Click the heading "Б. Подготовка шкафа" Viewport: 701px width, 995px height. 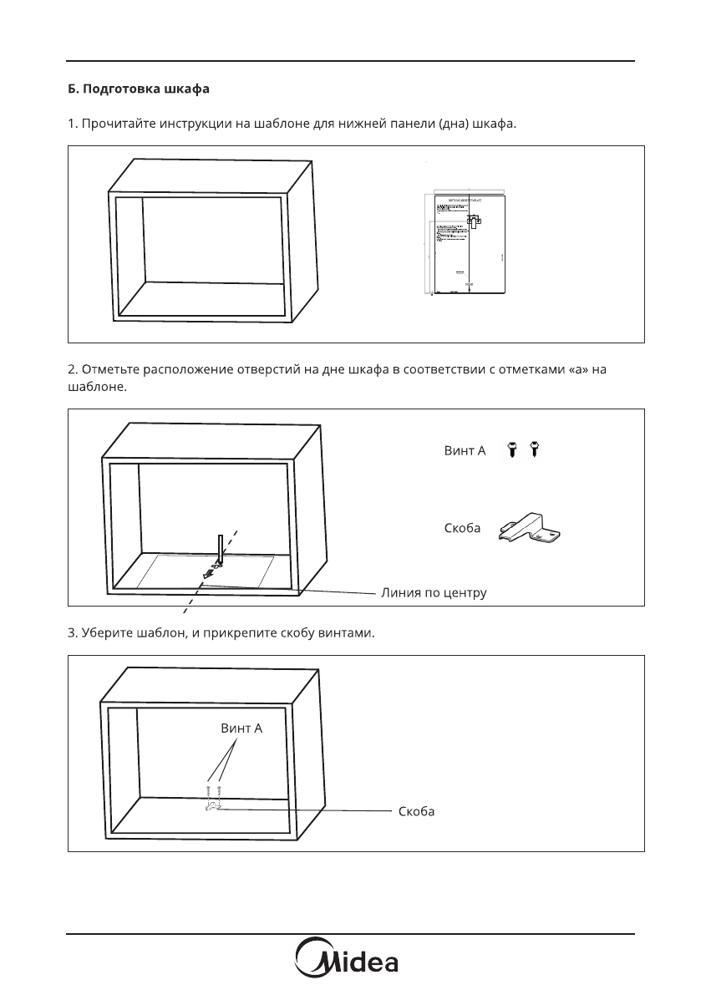138,88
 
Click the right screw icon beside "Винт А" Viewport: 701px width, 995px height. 536,451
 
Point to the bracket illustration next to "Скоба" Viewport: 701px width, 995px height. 531,530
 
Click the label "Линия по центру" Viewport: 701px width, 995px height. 434,592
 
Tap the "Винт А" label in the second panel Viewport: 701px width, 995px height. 465,452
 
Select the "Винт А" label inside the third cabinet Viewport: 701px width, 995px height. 241,728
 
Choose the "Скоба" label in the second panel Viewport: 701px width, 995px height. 462,529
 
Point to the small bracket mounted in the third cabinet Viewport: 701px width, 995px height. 211,806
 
